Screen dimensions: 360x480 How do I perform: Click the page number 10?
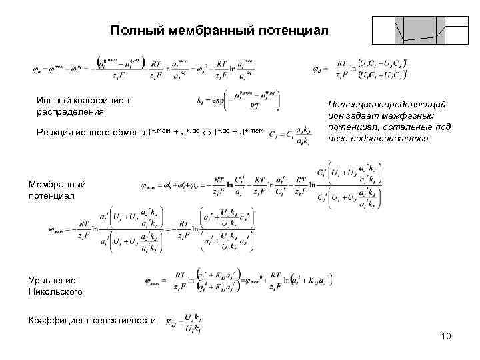click(x=446, y=335)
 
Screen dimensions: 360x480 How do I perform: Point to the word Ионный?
click(x=56, y=100)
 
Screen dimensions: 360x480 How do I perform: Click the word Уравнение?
click(x=52, y=280)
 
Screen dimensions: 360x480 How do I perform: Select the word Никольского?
click(x=55, y=291)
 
